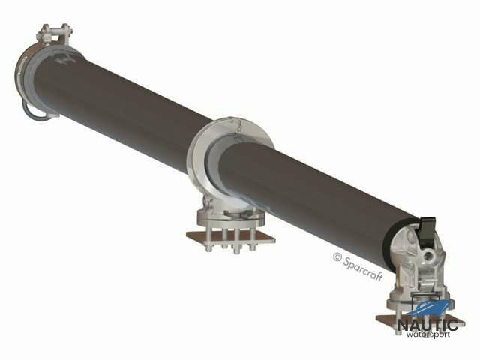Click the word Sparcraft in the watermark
tap(363, 269)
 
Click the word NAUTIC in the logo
tap(427, 325)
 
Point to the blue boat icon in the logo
tap(430, 309)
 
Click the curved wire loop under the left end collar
tap(34, 112)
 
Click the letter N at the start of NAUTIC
tap(403, 325)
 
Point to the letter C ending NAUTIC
tap(453, 325)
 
